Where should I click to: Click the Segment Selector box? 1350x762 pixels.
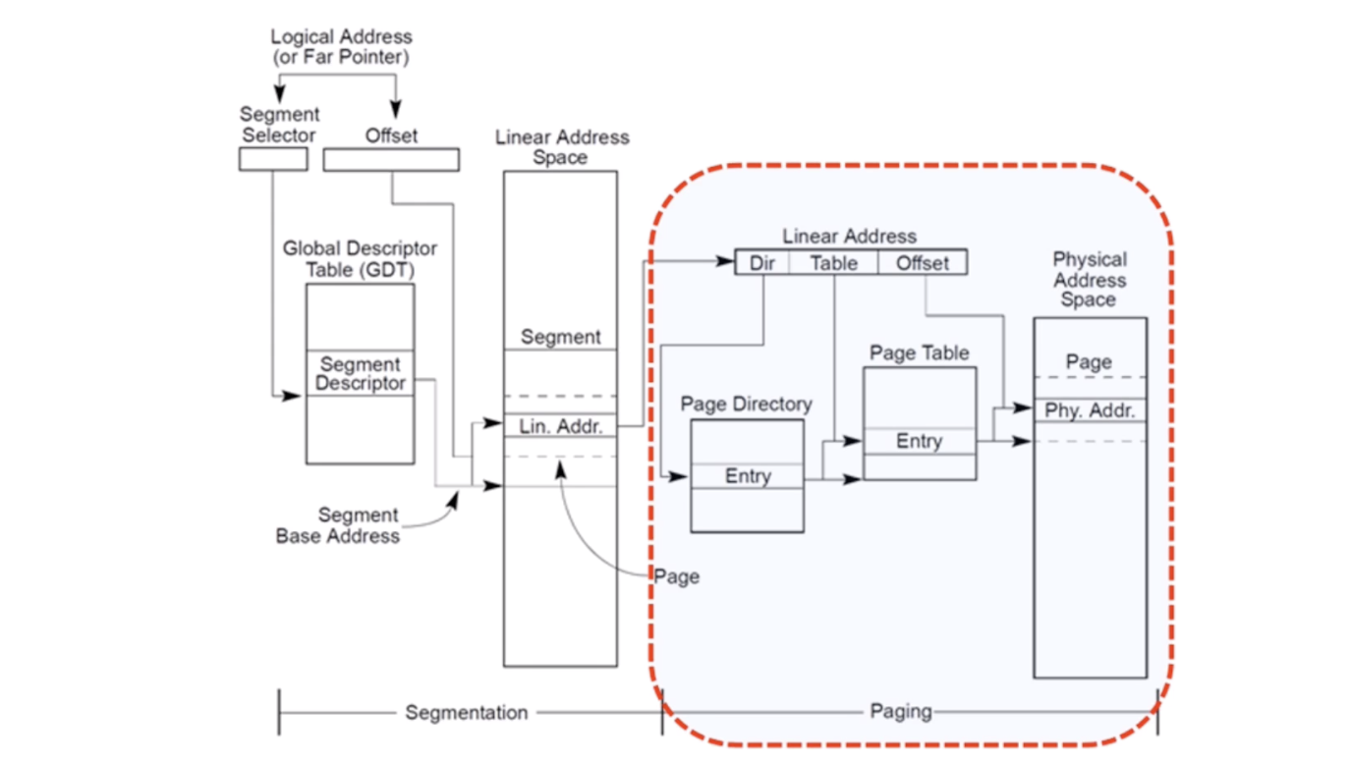(x=273, y=159)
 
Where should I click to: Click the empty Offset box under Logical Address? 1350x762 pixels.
(x=390, y=159)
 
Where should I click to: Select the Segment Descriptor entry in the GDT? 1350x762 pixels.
(x=360, y=373)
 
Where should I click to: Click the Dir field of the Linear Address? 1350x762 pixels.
(x=762, y=262)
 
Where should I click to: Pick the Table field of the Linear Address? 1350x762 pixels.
(x=833, y=262)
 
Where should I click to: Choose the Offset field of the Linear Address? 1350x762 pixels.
(x=922, y=262)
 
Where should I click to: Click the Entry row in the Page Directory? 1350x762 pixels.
(x=747, y=476)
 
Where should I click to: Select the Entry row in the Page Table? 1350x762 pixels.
(x=920, y=441)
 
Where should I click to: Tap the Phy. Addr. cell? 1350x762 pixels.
(x=1090, y=410)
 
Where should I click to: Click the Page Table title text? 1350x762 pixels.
(x=920, y=353)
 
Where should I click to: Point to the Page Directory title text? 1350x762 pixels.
(x=747, y=404)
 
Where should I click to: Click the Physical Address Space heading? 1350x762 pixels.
(x=1089, y=280)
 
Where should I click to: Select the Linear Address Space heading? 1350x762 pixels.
(x=560, y=147)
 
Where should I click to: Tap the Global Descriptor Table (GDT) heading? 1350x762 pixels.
(x=360, y=259)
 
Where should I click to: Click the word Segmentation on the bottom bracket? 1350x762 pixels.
(x=467, y=712)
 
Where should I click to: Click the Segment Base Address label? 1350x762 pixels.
(x=337, y=525)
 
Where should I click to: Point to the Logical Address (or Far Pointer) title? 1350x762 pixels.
(x=340, y=47)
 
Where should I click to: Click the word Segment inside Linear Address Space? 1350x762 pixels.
(x=560, y=337)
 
